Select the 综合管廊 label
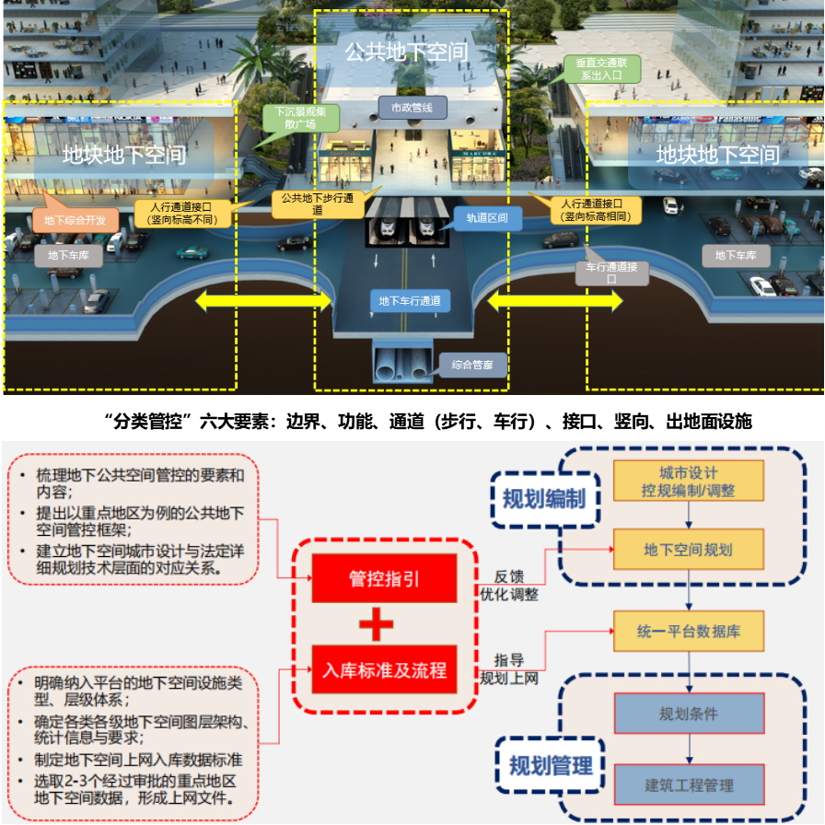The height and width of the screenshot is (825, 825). coord(472,365)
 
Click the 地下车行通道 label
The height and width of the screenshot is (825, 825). coord(410,300)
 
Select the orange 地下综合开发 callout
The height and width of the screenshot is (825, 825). coord(76,220)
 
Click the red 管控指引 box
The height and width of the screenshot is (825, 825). coord(385,579)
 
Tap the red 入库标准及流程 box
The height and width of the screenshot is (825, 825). coord(385,670)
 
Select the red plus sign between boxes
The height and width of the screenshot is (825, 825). coord(377,625)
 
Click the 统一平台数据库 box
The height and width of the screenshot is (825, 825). coord(689,633)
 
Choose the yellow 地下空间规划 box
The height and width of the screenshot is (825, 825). coord(689,550)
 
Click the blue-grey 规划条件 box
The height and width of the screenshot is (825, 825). coord(689,714)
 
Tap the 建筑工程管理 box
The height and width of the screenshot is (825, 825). coord(689,785)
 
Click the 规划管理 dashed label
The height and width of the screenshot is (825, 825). coord(551,765)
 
